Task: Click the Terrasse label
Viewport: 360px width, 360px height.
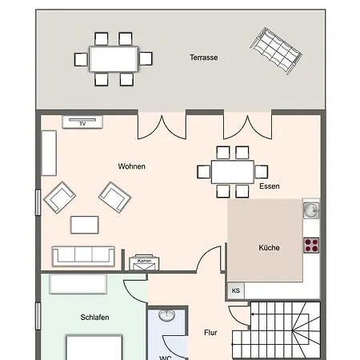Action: [x=203, y=58]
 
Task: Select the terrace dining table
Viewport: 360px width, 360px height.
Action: [x=114, y=58]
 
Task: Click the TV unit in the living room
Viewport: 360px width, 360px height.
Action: [x=82, y=122]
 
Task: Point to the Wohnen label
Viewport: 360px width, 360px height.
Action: [x=132, y=166]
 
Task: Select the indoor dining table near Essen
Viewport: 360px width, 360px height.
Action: [x=233, y=171]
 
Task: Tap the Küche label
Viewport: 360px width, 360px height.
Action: [x=269, y=248]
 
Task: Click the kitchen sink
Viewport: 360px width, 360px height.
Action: [x=311, y=211]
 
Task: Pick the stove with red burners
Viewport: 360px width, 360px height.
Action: [x=311, y=245]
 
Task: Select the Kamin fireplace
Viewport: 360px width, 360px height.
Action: [x=145, y=262]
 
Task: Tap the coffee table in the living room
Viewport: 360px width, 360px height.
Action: [x=86, y=223]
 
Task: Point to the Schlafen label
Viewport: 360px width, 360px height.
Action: [x=95, y=318]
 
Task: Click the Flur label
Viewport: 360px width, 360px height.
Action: [x=210, y=332]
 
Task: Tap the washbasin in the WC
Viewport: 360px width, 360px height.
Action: [x=168, y=315]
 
